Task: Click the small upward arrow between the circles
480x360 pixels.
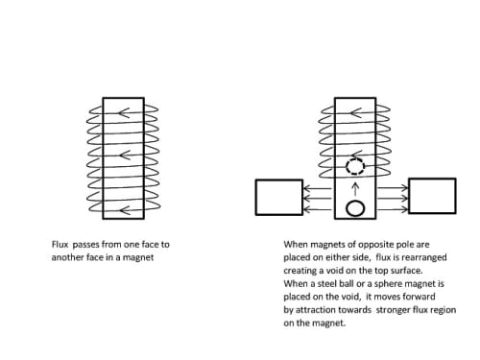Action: coord(355,189)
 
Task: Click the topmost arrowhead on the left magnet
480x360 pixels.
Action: coord(124,113)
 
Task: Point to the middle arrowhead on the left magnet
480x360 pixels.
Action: coord(125,156)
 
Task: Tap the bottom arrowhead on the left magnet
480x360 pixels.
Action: coord(125,210)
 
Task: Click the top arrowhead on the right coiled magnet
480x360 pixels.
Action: coord(356,113)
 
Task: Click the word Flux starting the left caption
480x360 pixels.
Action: coord(60,245)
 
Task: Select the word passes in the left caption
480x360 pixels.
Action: coord(85,245)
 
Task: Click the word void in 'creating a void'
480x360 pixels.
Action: coord(334,271)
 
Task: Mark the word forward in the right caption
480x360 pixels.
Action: coord(419,297)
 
